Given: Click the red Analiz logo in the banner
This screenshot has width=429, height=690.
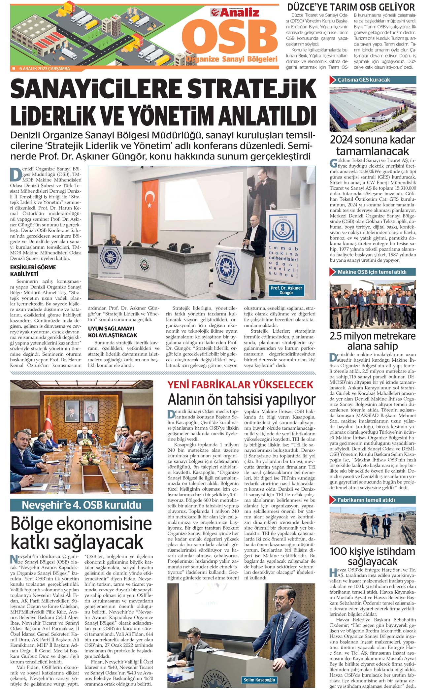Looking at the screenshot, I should pos(235,13).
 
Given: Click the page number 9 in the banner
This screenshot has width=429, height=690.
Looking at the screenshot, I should pos(14,69).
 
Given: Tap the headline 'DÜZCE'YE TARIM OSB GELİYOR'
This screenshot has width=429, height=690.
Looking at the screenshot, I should pos(351,7).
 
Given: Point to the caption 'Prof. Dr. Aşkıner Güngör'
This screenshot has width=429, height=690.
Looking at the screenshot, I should pos(286,290).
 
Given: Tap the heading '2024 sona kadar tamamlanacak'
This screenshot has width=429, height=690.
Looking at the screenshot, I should pos(373,146).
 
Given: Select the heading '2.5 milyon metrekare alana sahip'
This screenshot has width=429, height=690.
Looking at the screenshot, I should pos(373,341).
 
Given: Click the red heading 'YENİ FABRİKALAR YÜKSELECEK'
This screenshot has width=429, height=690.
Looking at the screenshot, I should pos(240,384).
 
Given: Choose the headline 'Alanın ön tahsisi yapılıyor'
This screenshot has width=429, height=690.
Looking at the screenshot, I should pos(242,400).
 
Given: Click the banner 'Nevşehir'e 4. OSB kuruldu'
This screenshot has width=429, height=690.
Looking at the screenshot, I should pos(82,505).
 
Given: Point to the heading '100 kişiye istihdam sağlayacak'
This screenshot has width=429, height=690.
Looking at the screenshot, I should pos(373,556).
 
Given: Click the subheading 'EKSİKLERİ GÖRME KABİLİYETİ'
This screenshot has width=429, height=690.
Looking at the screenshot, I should pos(33,271).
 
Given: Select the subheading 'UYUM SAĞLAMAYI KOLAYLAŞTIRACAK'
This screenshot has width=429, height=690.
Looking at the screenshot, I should pos(112,332).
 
